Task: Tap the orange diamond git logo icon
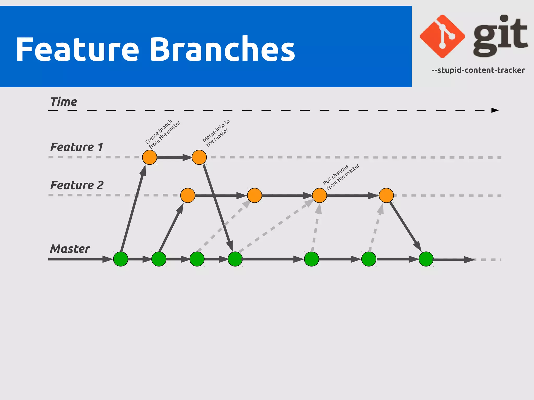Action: tap(442, 36)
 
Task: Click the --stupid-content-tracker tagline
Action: tap(478, 70)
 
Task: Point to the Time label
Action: tap(64, 102)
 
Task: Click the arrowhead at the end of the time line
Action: tap(495, 110)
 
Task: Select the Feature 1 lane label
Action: tap(77, 147)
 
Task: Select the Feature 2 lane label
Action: tap(77, 185)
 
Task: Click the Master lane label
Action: tap(70, 249)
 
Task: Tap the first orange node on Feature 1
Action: tap(149, 157)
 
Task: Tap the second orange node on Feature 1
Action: tap(199, 157)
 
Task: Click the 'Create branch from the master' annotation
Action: tap(162, 134)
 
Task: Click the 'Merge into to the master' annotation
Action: tap(216, 133)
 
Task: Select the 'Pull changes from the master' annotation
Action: tap(341, 176)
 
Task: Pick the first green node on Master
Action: tap(120, 259)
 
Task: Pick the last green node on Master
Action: tap(426, 259)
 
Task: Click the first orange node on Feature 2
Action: tap(188, 195)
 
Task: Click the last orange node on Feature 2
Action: tap(386, 195)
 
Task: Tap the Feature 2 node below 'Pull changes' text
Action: tap(319, 195)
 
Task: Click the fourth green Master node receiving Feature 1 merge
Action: tap(235, 259)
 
